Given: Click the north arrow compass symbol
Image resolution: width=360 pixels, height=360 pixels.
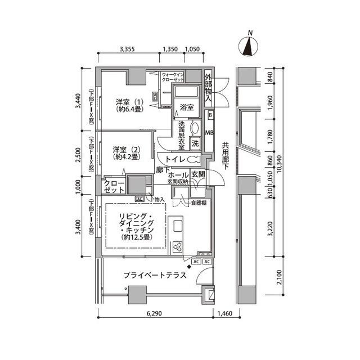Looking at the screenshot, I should pyautogui.click(x=248, y=46).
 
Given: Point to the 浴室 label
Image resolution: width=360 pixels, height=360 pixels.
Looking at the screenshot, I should pyautogui.click(x=187, y=106).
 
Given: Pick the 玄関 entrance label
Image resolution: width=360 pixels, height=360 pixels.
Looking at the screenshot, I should pyautogui.click(x=199, y=174).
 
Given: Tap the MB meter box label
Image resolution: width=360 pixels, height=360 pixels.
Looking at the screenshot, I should pyautogui.click(x=210, y=133).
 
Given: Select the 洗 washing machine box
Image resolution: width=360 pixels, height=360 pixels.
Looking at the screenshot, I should pyautogui.click(x=195, y=143).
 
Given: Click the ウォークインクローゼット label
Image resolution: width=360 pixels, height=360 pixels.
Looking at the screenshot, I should pyautogui.click(x=174, y=77).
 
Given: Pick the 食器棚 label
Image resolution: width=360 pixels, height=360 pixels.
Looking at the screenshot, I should pyautogui.click(x=200, y=202).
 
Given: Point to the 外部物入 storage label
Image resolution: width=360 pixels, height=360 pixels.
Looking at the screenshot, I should pyautogui.click(x=208, y=88).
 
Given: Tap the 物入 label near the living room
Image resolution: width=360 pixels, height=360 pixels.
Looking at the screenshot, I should pyautogui.click(x=159, y=199).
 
